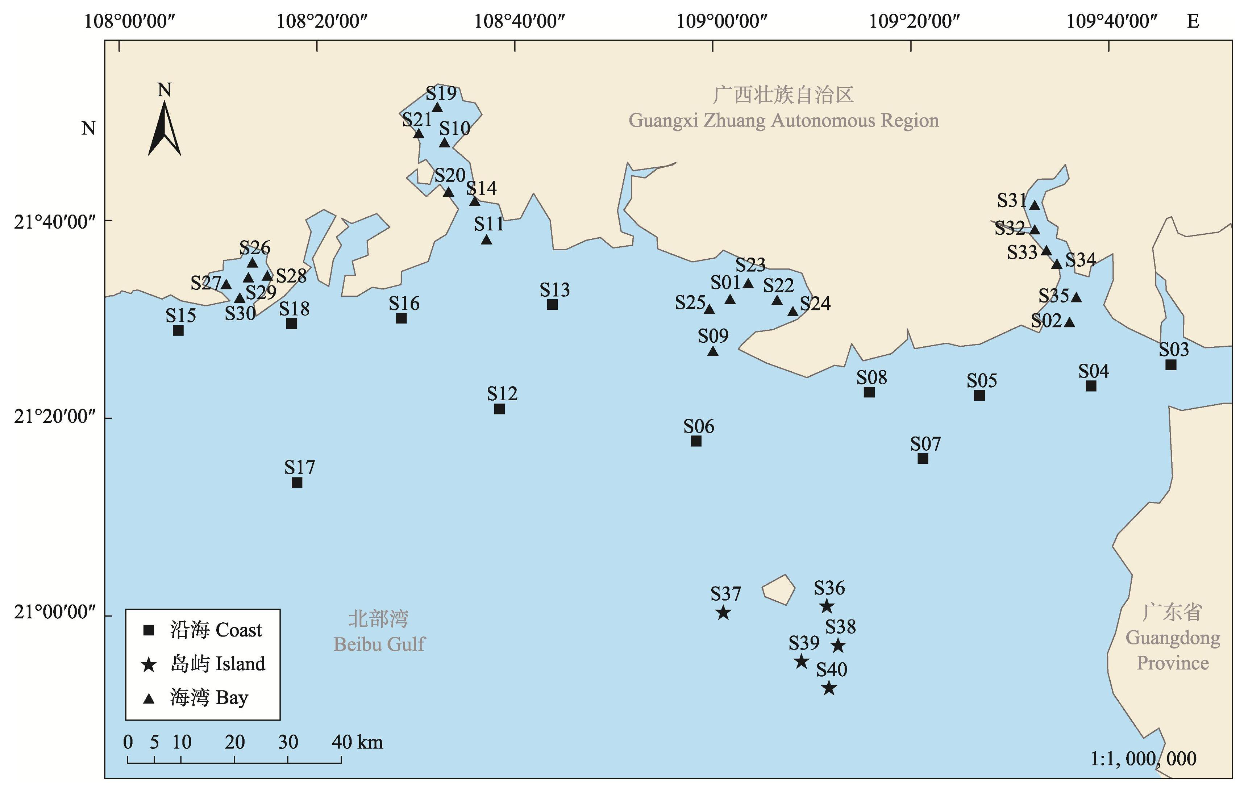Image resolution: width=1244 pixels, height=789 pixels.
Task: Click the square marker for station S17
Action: (297, 482)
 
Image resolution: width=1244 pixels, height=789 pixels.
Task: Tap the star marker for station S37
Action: (723, 613)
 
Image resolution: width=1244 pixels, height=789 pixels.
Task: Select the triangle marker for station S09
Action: (713, 351)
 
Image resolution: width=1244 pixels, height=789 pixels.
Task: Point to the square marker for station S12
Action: (499, 409)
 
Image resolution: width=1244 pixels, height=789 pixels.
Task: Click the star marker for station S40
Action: (829, 688)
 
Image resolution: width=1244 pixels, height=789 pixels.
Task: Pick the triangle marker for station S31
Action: (1034, 205)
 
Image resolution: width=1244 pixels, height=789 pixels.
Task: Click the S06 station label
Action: (698, 426)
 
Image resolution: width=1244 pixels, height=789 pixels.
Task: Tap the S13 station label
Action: (555, 290)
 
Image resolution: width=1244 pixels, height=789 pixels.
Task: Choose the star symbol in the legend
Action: (149, 664)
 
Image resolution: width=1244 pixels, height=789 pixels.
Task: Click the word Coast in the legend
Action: (239, 630)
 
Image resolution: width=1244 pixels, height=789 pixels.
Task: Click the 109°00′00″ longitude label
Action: (722, 21)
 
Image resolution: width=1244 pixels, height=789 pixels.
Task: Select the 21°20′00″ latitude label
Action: (55, 416)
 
